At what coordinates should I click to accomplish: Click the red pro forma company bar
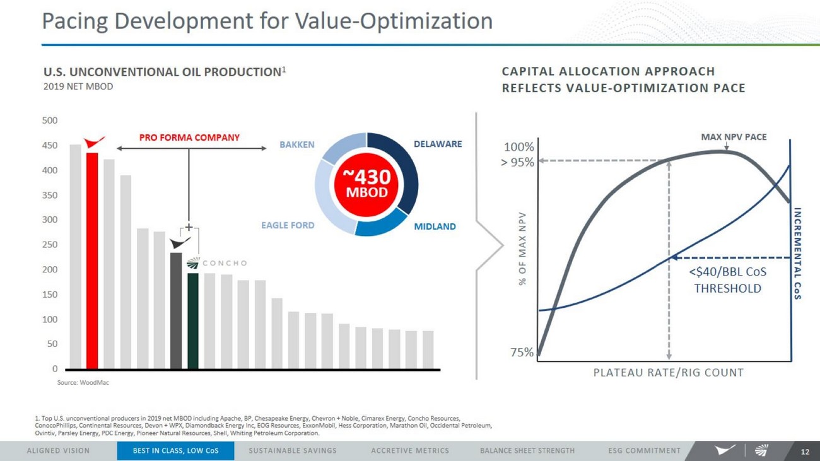(x=92, y=260)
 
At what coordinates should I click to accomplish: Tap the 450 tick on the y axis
(x=50, y=146)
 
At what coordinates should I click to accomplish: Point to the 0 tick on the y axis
(x=55, y=369)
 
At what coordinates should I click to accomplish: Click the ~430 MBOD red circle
(x=366, y=184)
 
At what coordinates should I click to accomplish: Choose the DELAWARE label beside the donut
(x=438, y=144)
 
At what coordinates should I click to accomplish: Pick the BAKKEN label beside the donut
(x=296, y=144)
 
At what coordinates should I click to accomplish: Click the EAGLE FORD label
(x=288, y=225)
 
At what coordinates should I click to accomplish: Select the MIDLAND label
(x=435, y=226)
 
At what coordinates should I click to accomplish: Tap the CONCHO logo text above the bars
(x=225, y=263)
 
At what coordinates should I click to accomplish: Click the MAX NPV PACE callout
(x=734, y=137)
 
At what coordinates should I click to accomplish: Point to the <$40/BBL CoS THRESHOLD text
(x=727, y=281)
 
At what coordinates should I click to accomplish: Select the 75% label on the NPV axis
(x=522, y=353)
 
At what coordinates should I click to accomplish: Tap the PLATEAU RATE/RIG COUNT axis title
(x=668, y=373)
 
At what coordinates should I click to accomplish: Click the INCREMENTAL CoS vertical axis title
(x=797, y=253)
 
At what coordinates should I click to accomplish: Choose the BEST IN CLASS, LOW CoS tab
(x=175, y=451)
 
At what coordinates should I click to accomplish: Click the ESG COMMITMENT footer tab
(x=644, y=451)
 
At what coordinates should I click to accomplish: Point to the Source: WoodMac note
(x=83, y=383)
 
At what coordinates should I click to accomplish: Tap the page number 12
(x=804, y=452)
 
